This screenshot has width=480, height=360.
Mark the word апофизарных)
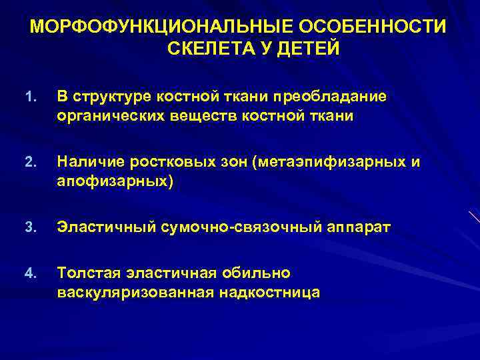tap(115, 181)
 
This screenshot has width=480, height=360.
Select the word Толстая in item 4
tap(86, 273)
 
